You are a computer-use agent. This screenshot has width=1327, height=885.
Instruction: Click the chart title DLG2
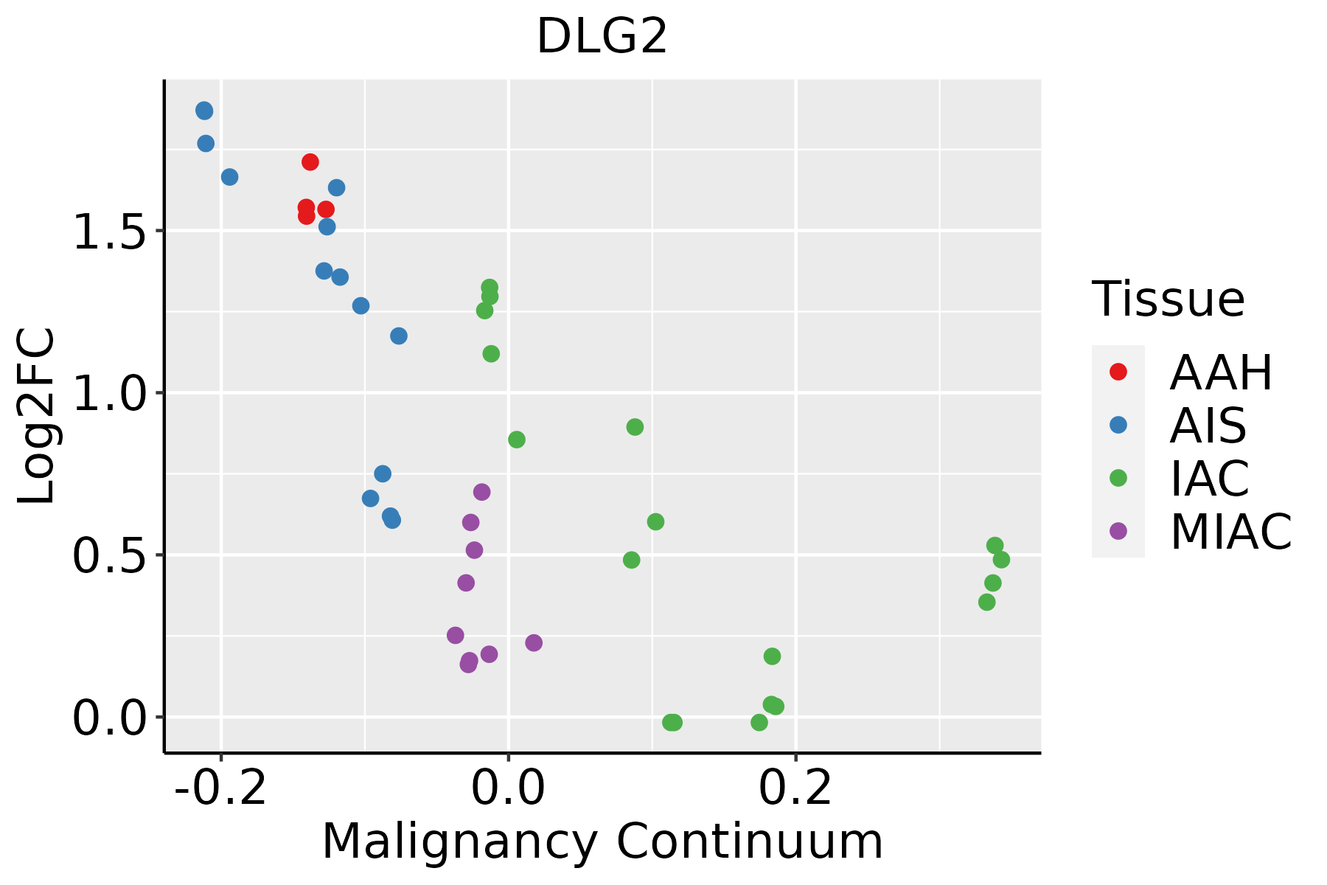602,37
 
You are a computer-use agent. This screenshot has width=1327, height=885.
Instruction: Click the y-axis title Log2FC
37,417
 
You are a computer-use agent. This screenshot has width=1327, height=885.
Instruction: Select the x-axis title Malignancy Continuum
602,841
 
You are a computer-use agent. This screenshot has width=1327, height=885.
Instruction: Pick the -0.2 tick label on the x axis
220,788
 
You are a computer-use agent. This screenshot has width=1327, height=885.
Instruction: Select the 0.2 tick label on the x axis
795,788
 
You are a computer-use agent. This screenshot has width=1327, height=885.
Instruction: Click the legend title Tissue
1168,299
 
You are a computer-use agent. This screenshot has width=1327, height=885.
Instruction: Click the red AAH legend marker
1118,372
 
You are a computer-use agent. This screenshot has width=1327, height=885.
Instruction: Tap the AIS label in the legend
1208,426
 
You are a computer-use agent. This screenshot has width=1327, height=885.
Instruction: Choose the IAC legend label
1210,479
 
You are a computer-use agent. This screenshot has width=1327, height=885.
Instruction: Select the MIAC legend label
1231,532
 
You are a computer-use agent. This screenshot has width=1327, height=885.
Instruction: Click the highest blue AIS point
204,111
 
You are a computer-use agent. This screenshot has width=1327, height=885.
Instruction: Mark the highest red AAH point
310,162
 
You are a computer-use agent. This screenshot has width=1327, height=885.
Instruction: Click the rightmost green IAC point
1001,560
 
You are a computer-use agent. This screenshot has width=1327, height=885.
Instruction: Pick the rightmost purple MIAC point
534,643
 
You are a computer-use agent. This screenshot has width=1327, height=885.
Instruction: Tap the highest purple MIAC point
481,492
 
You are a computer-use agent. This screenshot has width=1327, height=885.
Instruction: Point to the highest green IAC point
490,287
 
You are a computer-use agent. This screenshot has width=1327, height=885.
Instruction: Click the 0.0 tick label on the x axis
508,788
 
